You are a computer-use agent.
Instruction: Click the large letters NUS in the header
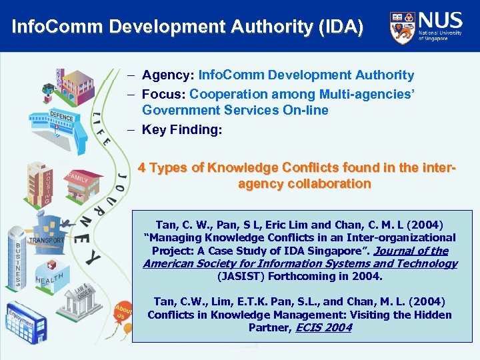440,19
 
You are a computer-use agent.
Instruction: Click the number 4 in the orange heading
142,168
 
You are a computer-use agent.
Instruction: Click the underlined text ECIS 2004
324,327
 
